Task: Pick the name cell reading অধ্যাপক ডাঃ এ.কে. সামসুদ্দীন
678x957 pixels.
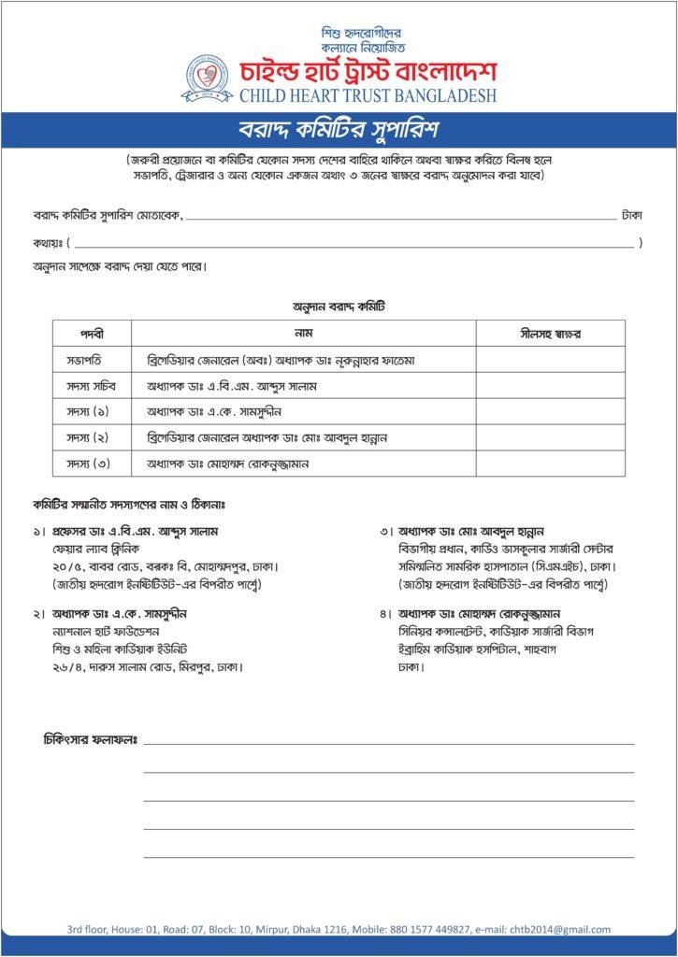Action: pos(215,411)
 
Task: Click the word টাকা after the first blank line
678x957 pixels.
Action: pos(632,215)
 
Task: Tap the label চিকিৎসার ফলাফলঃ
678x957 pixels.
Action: pos(91,739)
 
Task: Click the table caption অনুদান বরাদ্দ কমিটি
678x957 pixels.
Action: pos(339,306)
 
